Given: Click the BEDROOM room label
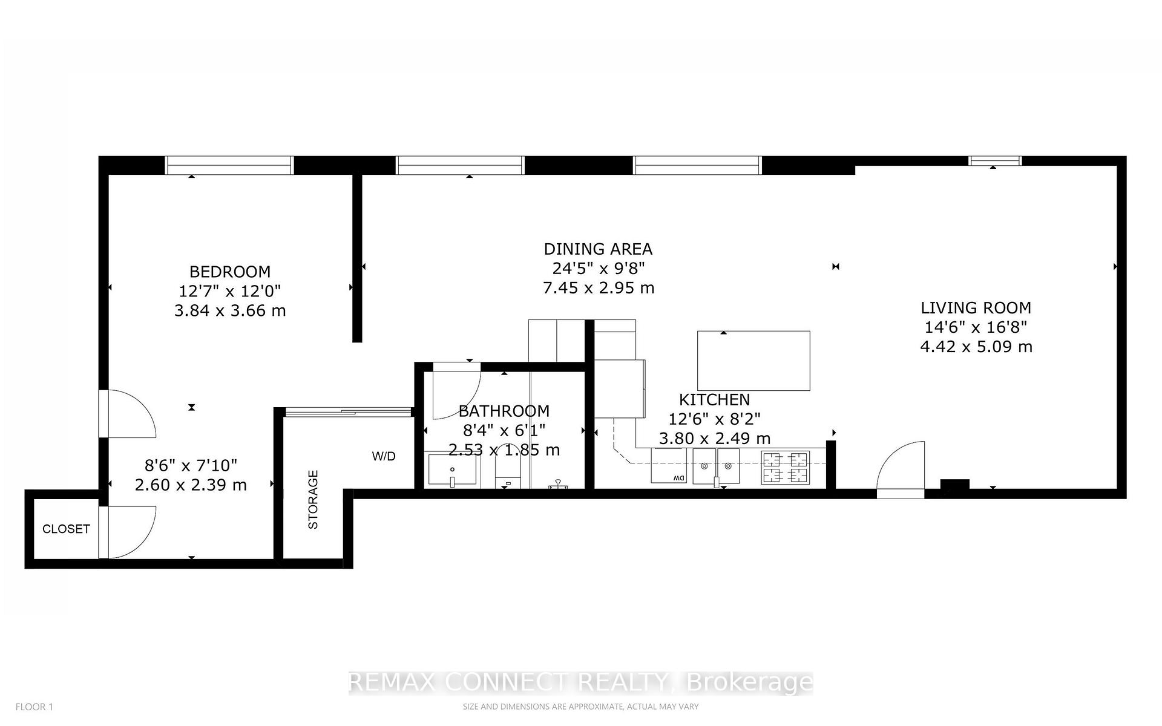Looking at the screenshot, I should tap(229, 272).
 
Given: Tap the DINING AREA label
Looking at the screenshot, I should tap(597, 249).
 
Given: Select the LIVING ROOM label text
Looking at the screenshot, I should tap(976, 307).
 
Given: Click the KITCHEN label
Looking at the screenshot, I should tap(714, 399).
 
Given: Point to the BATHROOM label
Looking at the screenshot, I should tap(504, 411).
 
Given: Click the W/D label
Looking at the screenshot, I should tap(384, 456).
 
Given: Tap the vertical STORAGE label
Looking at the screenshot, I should tap(313, 499).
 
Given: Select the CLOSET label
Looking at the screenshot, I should tap(66, 529).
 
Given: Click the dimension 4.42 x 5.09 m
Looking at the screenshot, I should tap(976, 347).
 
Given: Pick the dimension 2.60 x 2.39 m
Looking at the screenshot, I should tap(191, 485).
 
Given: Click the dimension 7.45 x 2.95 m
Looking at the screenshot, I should tap(598, 288).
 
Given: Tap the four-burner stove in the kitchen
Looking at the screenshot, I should tap(785, 468).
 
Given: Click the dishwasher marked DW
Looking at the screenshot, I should tap(669, 466).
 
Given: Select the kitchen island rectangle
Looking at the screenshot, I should tap(753, 361).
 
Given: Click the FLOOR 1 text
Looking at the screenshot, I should tap(34, 707).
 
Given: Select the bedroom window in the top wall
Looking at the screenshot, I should tap(229, 165).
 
